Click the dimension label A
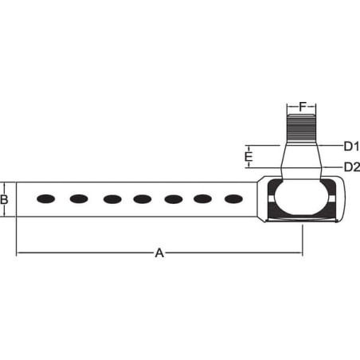pyautogui.click(x=159, y=253)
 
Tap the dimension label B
pyautogui.click(x=4, y=199)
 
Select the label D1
pyautogui.click(x=351, y=147)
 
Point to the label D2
pyautogui.click(x=352, y=167)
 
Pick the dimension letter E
pyautogui.click(x=248, y=157)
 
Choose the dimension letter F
pyautogui.click(x=303, y=107)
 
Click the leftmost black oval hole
pyautogui.click(x=46, y=199)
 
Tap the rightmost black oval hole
pyautogui.click(x=233, y=199)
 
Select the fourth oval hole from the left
pyautogui.click(x=143, y=199)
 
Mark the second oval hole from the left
pyautogui.click(x=79, y=198)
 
